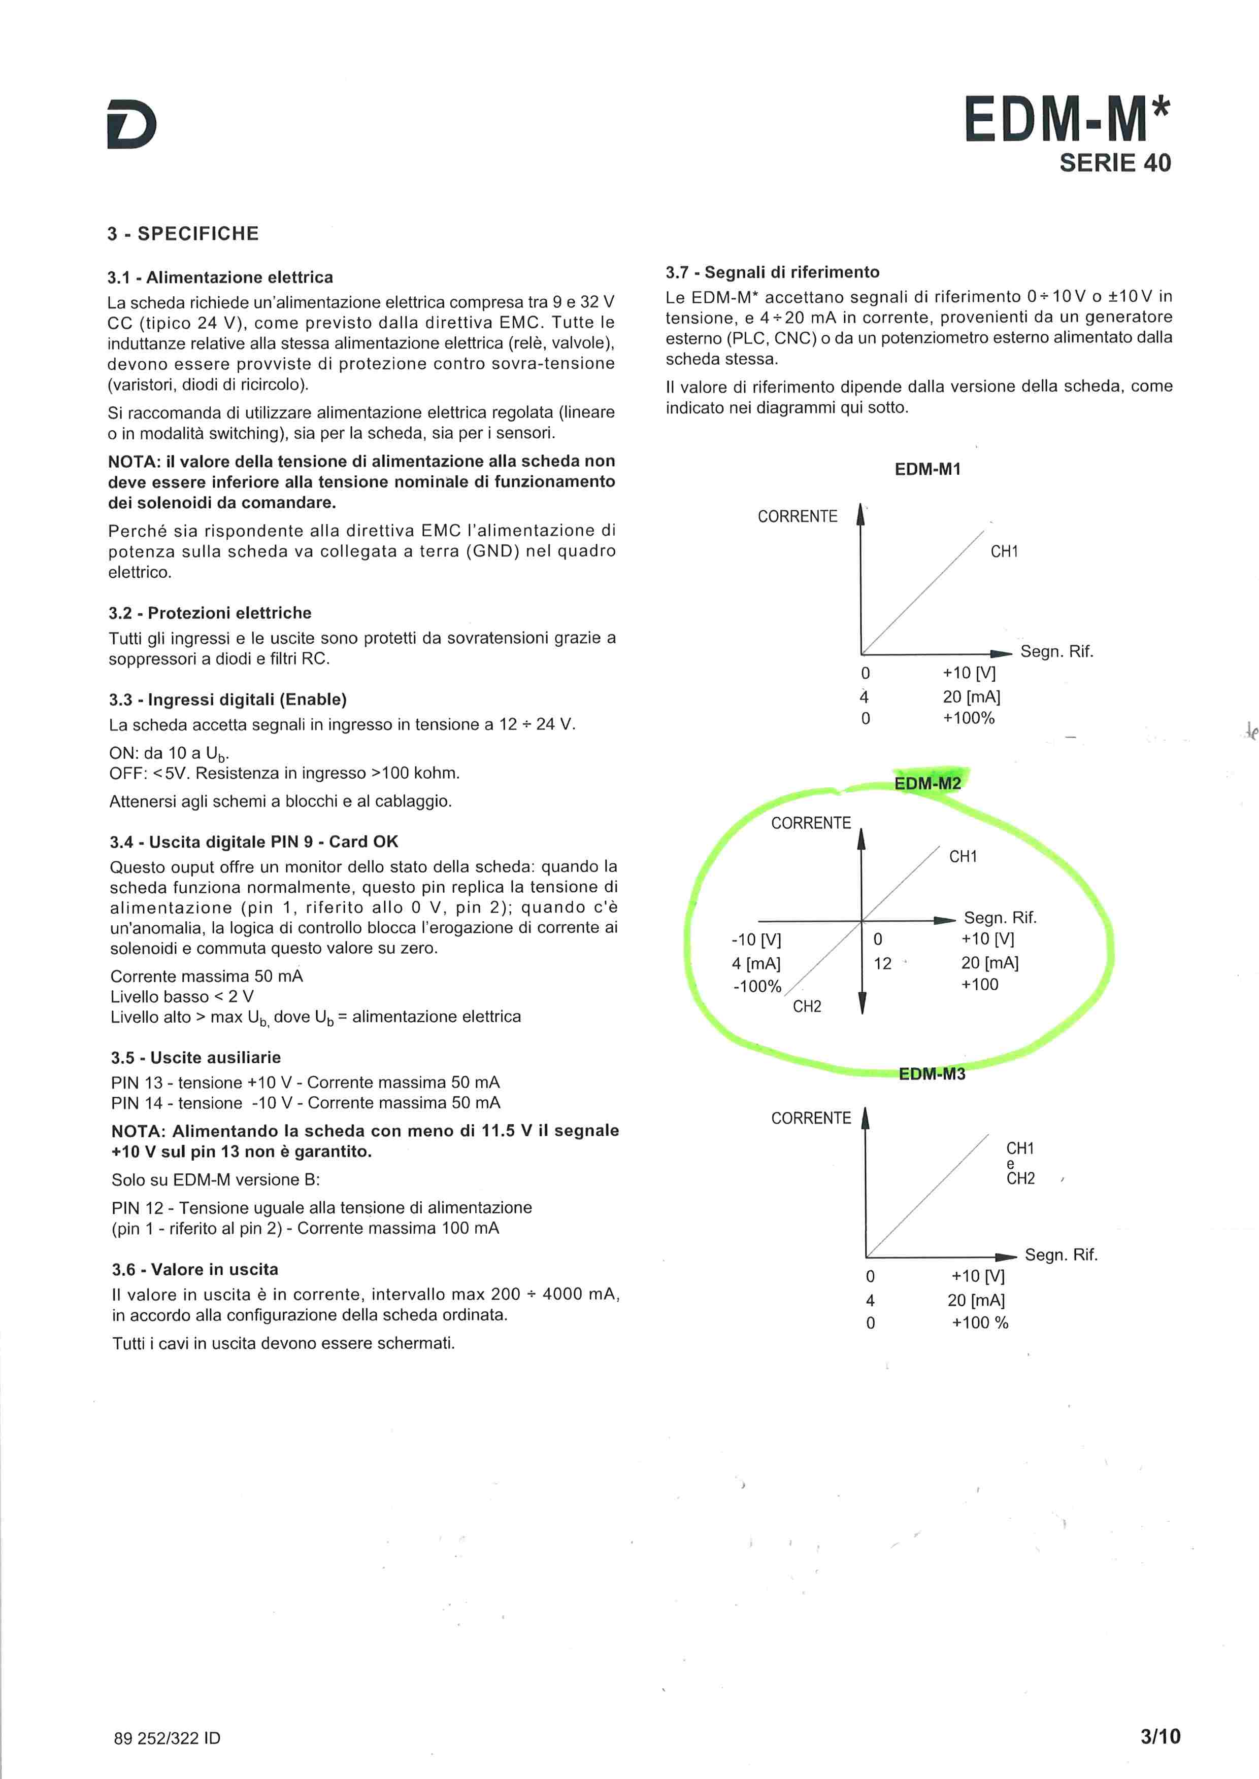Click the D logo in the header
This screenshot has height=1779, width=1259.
(132, 123)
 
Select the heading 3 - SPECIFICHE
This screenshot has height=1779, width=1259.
(183, 234)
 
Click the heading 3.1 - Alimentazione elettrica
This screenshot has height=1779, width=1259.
(220, 277)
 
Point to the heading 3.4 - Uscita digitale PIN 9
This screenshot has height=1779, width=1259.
(253, 842)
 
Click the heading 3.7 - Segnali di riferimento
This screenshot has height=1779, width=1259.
(772, 272)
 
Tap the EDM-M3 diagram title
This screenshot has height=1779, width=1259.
(932, 1074)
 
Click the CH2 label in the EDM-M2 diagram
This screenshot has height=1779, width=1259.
(807, 1006)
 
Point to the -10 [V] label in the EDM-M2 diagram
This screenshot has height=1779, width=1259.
(756, 940)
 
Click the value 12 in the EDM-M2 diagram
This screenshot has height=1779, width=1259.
(882, 964)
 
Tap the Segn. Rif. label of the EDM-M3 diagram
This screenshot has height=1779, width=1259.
(1061, 1254)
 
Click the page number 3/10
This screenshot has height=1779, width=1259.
(1160, 1736)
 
